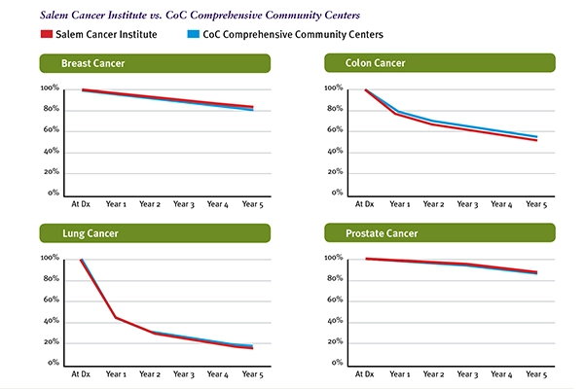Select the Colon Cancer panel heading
376,64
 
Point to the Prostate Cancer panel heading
383,234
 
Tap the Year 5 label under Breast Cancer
253,205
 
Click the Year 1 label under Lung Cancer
116,374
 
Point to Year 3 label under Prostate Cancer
469,374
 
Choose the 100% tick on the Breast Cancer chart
49,88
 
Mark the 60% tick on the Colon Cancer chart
334,130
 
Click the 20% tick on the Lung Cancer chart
50,342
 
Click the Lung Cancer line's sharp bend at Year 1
116,317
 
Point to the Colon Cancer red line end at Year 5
536,140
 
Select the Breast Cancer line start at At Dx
83,89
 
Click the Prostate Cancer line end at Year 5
536,272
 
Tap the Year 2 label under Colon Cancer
435,205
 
